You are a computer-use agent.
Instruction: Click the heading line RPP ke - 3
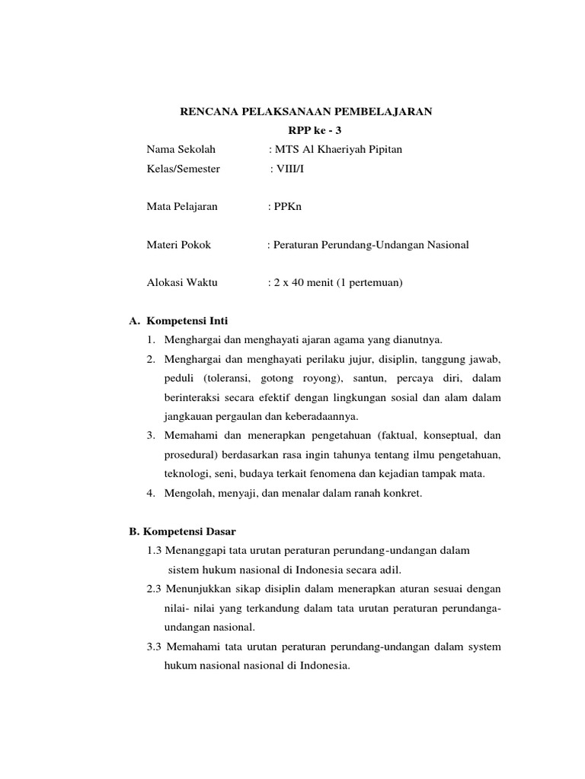pos(305,131)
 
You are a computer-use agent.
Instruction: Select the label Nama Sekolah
pos(176,149)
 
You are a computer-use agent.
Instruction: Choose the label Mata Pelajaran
pos(182,206)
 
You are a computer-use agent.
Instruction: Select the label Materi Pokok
pos(178,244)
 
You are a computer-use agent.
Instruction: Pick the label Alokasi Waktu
pos(182,282)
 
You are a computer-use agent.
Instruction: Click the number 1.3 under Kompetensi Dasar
pos(154,550)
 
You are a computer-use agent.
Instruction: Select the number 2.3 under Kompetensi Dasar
pos(154,589)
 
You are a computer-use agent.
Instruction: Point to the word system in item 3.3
pos(483,647)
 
